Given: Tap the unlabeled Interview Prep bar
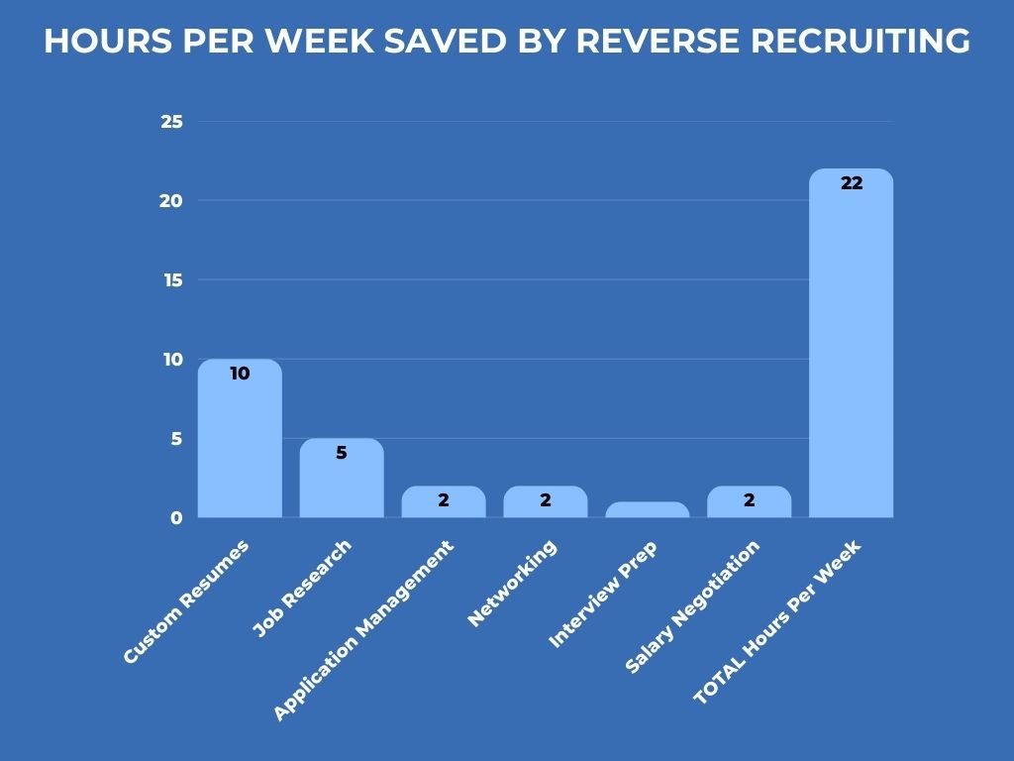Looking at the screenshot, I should click(647, 510).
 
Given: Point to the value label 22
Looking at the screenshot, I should click(852, 183).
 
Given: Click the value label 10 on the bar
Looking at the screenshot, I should click(240, 374).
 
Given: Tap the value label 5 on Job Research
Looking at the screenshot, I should click(342, 453).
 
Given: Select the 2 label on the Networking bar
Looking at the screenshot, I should click(546, 500).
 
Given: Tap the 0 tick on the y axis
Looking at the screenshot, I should click(176, 517).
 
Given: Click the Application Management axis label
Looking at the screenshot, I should click(362, 630).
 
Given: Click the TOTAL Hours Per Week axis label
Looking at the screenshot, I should click(777, 622).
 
